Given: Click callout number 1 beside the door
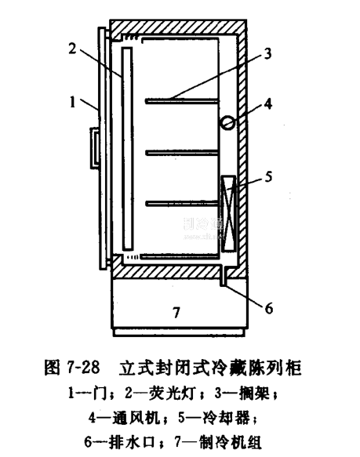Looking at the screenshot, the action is [72, 103].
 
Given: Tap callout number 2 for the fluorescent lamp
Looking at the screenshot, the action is [73, 48].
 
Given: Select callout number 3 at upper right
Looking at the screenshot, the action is [267, 53].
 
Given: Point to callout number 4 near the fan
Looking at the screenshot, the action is [268, 103].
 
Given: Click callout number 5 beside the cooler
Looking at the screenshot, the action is [268, 176].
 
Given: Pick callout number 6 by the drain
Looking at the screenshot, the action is [269, 308].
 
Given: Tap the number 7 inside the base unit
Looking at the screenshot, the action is [176, 313].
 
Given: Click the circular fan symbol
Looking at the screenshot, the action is [228, 123].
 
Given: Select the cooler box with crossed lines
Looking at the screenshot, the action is [228, 213].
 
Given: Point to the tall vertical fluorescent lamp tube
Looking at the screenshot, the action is [128, 149].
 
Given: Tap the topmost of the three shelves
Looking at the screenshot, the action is [182, 101].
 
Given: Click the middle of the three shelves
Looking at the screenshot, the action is [182, 152].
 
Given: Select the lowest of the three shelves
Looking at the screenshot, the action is [182, 204].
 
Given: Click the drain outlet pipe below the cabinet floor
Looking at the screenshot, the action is [224, 276].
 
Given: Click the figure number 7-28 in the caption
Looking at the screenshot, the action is [83, 367].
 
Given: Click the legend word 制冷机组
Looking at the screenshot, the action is [230, 442].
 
